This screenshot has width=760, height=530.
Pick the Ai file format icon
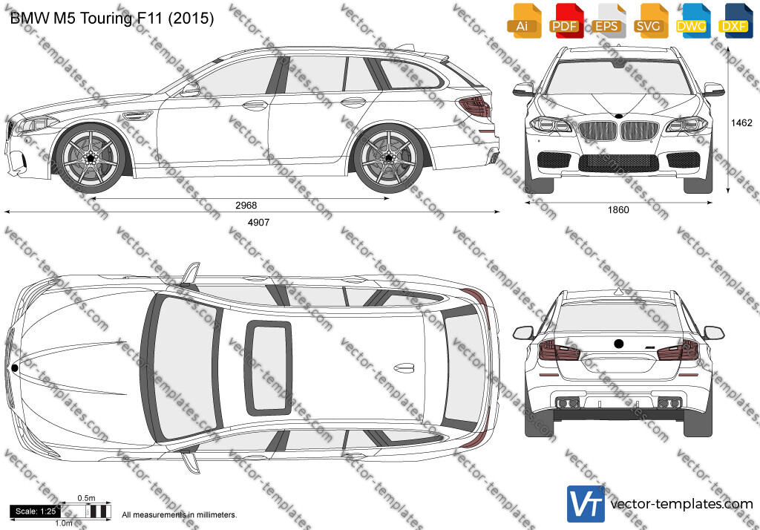(524, 21)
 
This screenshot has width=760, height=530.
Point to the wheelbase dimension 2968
(246, 206)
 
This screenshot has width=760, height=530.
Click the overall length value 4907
(258, 223)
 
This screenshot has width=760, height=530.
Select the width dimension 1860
(618, 210)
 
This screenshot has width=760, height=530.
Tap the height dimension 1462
(741, 123)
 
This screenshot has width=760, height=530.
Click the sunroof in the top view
(268, 368)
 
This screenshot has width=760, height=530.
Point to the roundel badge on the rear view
(618, 344)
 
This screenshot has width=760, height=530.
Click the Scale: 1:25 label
(36, 511)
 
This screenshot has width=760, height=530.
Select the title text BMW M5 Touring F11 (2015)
(112, 19)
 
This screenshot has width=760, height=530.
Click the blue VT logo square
(586, 504)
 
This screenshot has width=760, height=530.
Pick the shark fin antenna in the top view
(404, 368)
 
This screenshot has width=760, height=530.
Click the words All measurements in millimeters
(180, 515)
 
